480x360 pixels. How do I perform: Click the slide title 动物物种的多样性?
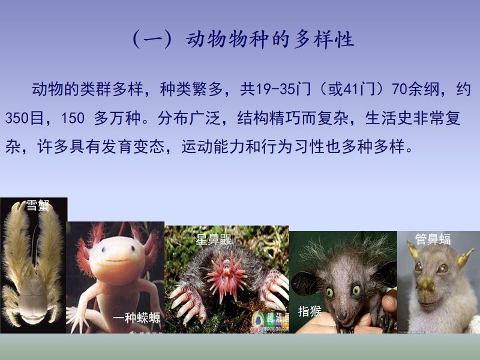[270, 40]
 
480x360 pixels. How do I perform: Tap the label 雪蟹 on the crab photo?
[38, 205]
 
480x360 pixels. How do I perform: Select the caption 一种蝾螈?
[137, 318]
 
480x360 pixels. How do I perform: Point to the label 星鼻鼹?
[214, 239]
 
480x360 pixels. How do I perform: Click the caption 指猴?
[310, 311]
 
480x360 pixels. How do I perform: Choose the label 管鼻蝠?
[433, 239]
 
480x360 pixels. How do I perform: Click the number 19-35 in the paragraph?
[272, 89]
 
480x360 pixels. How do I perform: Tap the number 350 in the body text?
[17, 118]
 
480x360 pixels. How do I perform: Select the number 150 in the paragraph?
[73, 118]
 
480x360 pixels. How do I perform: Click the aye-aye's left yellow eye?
[329, 292]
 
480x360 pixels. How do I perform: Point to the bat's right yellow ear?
[466, 258]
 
